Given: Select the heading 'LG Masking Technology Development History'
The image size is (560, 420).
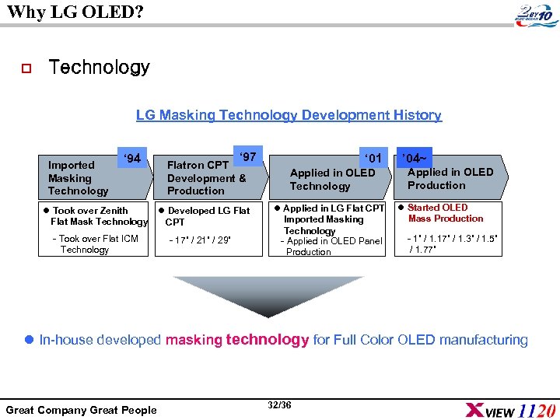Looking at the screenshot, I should click(289, 115).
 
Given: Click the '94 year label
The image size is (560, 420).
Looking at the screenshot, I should click(132, 159).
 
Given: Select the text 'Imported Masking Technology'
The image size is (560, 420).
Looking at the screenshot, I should click(78, 178).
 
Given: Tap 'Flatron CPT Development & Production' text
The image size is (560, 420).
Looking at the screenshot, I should click(206, 178).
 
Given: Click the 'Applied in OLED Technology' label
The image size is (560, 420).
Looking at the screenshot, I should click(332, 180).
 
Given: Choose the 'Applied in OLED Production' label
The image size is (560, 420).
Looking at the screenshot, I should click(450, 179).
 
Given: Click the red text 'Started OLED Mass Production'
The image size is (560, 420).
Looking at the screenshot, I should click(445, 213).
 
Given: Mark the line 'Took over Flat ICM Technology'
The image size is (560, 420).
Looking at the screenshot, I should click(94, 244).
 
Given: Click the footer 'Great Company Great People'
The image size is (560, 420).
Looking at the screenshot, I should click(81, 410).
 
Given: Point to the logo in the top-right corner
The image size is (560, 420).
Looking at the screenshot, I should click(536, 16).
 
